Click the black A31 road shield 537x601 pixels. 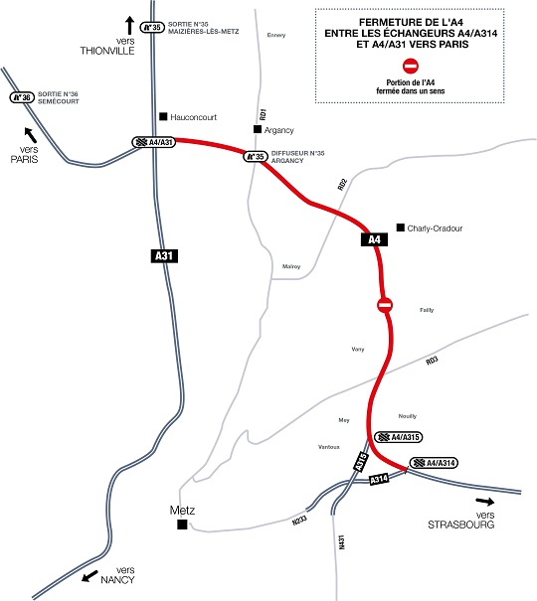[x=165, y=256]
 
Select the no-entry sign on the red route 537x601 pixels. [x=386, y=305]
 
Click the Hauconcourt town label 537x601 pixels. [x=194, y=115]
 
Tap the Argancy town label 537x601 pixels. [x=281, y=129]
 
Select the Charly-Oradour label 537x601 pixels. [x=435, y=227]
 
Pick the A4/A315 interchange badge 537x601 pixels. [x=399, y=437]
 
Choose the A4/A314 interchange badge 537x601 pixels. [x=435, y=463]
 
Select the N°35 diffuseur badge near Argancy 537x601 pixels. [x=257, y=156]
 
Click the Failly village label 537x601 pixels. [x=427, y=309]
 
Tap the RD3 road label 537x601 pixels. [x=432, y=360]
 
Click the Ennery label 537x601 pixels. [x=276, y=35]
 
